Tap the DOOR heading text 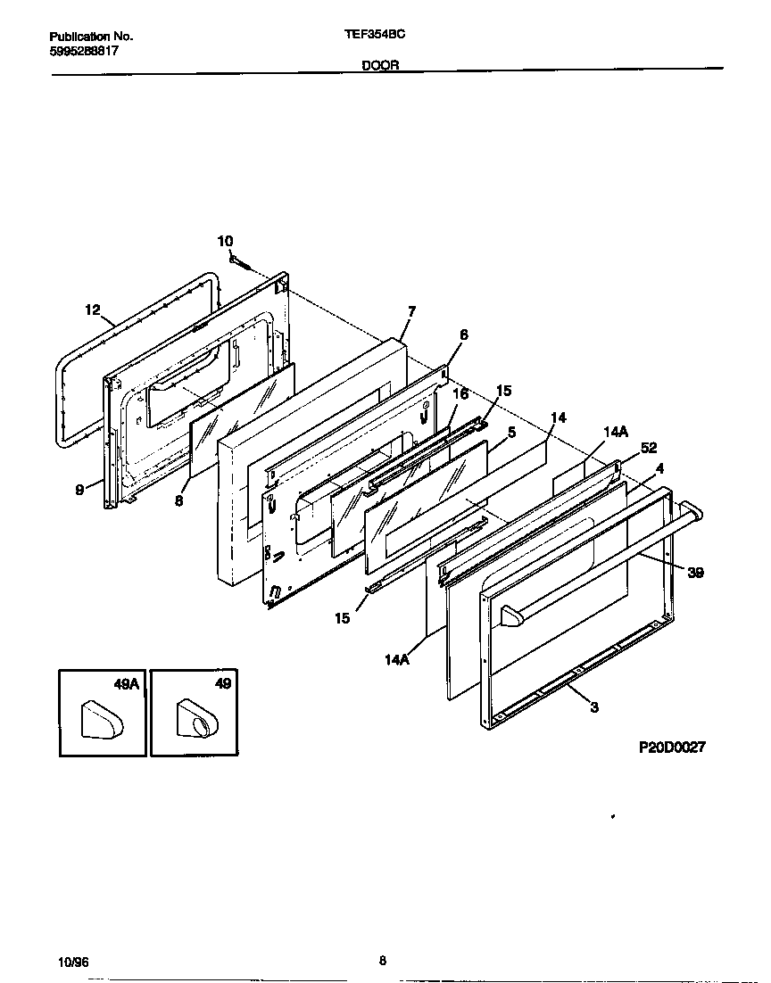[x=380, y=65]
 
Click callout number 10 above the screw [x=225, y=241]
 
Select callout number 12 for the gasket [x=93, y=310]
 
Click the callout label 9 [x=79, y=489]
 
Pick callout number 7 [x=411, y=311]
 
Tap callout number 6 [x=463, y=335]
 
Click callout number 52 [x=648, y=448]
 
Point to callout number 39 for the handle [x=695, y=573]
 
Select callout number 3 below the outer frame [x=594, y=707]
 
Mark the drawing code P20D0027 [x=671, y=748]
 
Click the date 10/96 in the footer [x=73, y=962]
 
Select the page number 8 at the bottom [x=383, y=961]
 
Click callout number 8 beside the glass [x=178, y=501]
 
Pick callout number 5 [x=511, y=432]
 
